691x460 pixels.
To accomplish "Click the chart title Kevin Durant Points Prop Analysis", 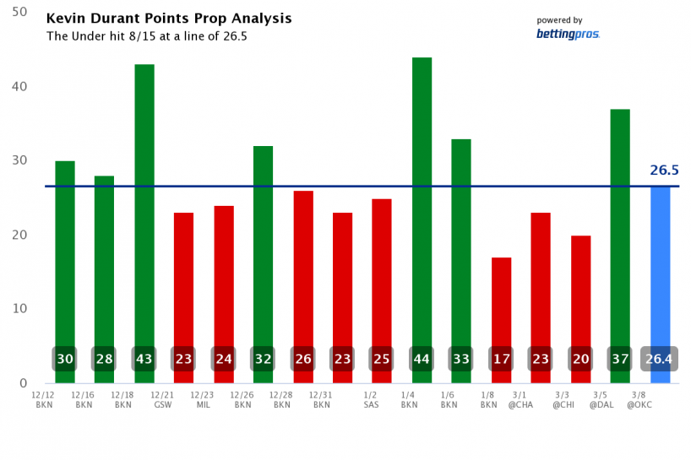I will pos(168,19).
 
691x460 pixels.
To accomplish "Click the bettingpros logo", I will pos(568,34).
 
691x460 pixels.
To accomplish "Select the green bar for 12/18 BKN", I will pos(144,203).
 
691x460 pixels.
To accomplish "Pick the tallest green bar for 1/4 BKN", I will pos(422,194).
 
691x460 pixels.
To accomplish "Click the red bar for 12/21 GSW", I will pos(183,279).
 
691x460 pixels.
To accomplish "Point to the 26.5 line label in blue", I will pos(665,170).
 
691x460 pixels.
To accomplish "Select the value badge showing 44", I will pos(422,359).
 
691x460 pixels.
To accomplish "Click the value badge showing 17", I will pos(501,359).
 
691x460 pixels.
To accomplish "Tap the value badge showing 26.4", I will pos(660,359).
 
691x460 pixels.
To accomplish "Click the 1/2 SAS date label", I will pos(371,399).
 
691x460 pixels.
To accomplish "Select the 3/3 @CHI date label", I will pos(563,399).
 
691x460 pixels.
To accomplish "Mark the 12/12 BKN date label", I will pos(44,399).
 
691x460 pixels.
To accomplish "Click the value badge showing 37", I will pos(620,359).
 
